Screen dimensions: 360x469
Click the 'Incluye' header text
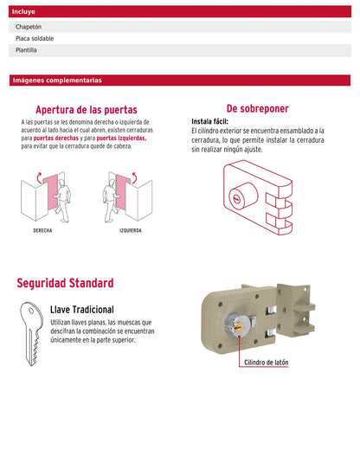(23, 11)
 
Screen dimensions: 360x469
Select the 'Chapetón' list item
(29, 27)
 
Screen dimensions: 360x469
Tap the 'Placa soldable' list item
(35, 38)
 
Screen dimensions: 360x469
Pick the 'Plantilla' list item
(26, 50)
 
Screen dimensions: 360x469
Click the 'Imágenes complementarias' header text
(57, 80)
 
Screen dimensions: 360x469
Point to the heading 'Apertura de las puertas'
(87, 110)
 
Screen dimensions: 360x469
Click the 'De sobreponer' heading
(258, 108)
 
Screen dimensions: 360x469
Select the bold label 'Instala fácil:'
(209, 121)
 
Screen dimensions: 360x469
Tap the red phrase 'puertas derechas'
(56, 138)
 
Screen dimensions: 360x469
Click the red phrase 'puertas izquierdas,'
(121, 138)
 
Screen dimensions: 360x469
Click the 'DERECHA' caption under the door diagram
(42, 230)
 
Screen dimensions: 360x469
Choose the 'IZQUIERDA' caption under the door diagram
(131, 230)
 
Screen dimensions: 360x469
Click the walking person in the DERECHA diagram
(62, 201)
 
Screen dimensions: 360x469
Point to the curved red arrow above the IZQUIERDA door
(135, 177)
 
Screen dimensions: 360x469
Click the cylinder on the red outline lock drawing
(243, 195)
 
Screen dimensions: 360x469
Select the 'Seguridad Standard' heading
(65, 283)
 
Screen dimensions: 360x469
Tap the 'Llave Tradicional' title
(82, 310)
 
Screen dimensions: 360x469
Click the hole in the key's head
(31, 311)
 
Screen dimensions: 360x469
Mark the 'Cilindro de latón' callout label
(267, 363)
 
